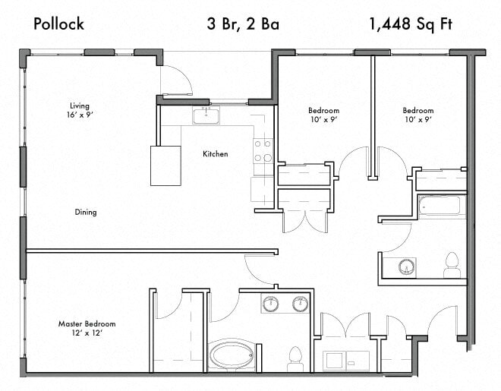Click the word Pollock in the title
tap(58, 24)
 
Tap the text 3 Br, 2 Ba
tap(243, 24)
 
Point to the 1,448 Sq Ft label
tap(412, 24)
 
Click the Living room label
tap(80, 106)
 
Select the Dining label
tap(86, 213)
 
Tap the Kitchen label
tap(215, 154)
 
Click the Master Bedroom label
tap(87, 324)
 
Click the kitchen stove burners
tap(263, 150)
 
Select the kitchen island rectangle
tap(165, 166)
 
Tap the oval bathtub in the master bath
tap(235, 355)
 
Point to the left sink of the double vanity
tap(271, 304)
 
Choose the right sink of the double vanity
tap(300, 304)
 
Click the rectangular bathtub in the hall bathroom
tap(442, 206)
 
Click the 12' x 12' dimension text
tap(87, 333)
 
